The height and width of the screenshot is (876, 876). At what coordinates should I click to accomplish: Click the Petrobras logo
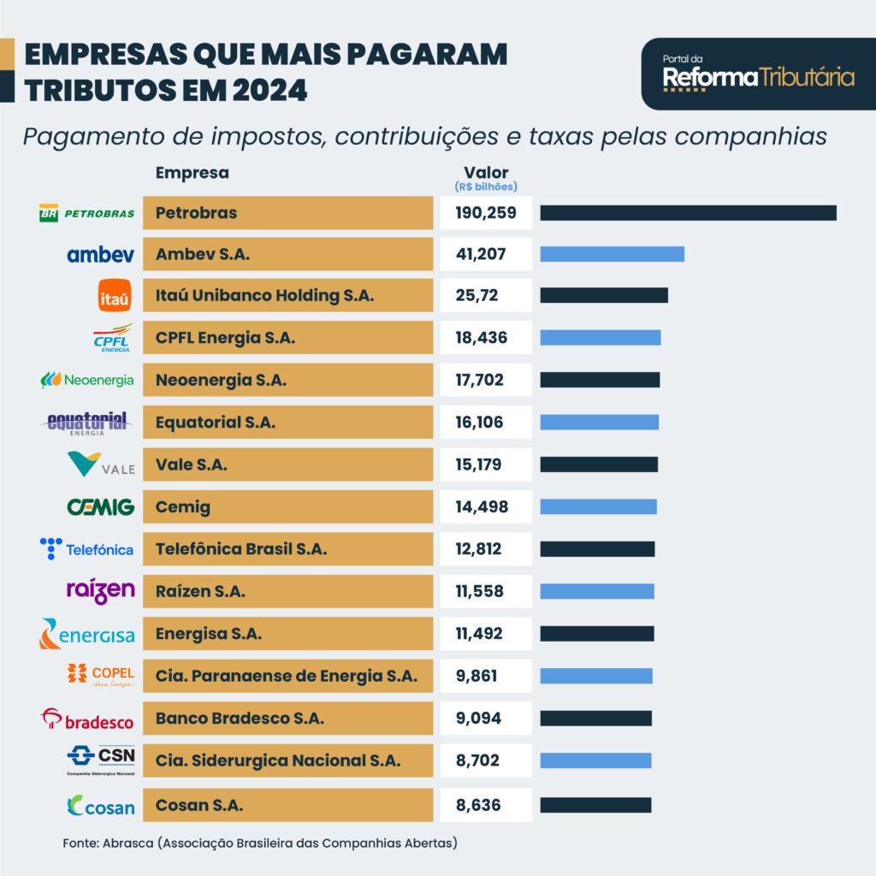(x=87, y=213)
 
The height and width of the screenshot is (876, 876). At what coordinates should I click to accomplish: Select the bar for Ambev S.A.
(x=613, y=254)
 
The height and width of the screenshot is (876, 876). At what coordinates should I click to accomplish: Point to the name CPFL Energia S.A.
(x=225, y=338)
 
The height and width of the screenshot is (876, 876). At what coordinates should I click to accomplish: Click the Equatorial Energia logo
(x=88, y=422)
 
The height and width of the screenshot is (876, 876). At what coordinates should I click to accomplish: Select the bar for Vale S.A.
(x=599, y=465)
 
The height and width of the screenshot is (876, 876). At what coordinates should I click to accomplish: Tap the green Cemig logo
(x=101, y=506)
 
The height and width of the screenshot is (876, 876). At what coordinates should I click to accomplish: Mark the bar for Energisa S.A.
(x=597, y=634)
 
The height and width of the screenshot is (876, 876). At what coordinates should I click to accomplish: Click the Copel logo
(x=102, y=675)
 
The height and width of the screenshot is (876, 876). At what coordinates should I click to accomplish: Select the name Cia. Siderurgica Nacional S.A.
(x=277, y=760)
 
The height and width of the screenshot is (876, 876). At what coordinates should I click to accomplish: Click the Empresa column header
(x=192, y=172)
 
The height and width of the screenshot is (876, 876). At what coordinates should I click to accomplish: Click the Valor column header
(x=486, y=172)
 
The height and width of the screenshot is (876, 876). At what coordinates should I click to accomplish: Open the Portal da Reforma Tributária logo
(x=758, y=77)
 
